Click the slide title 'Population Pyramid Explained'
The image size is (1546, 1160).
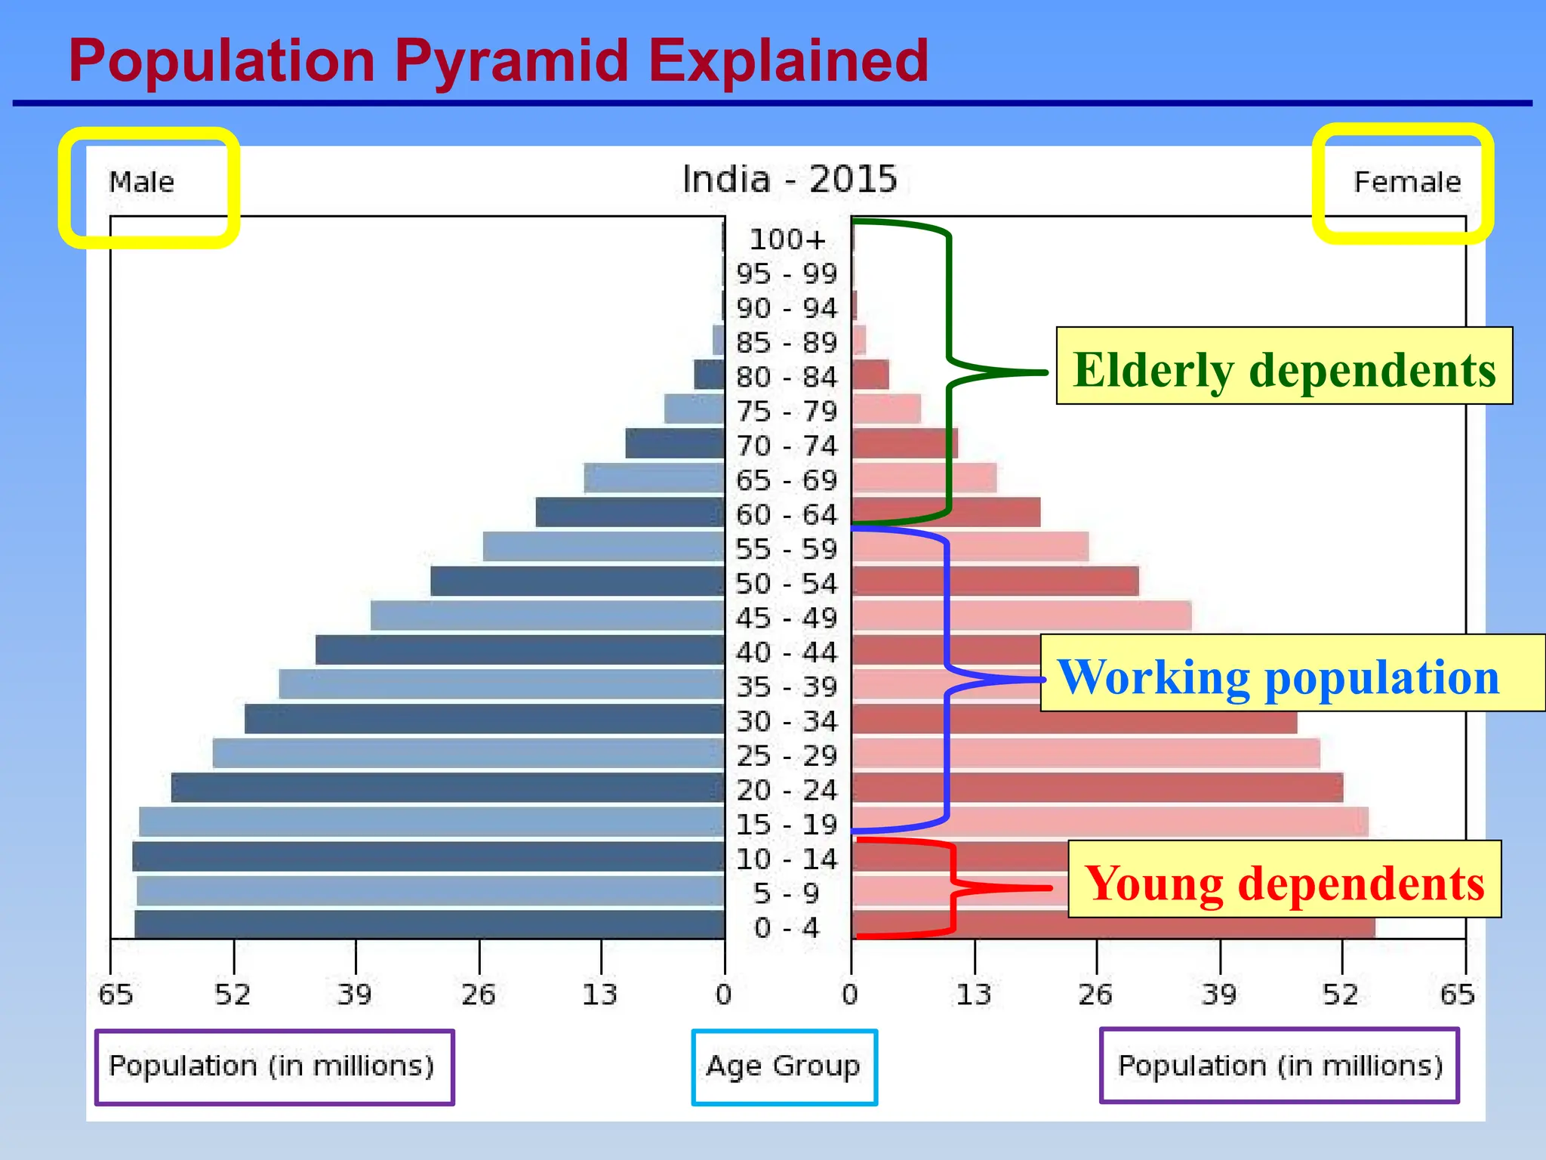point(498,60)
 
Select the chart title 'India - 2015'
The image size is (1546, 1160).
point(789,180)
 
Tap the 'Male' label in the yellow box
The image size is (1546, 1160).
point(142,183)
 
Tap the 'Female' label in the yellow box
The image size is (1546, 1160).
point(1407,183)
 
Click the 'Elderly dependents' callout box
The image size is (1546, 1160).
point(1283,366)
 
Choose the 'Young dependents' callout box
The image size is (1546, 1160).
point(1283,880)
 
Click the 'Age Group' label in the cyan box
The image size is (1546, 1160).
point(784,1066)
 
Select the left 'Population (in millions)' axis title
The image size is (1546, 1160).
point(273,1066)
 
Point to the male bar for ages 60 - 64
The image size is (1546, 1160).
point(630,512)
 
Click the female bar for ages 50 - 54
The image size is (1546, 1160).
point(995,582)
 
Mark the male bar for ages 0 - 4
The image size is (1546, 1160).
point(430,924)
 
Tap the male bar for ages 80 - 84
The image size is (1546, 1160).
point(710,375)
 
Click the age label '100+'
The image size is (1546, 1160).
point(787,239)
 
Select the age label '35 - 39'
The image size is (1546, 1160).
point(787,687)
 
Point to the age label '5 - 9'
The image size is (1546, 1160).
point(787,893)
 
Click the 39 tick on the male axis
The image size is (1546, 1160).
point(355,994)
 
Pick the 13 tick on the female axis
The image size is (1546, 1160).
point(974,994)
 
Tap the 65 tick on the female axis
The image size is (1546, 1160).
point(1458,994)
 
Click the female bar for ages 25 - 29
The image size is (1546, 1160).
point(1086,754)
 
